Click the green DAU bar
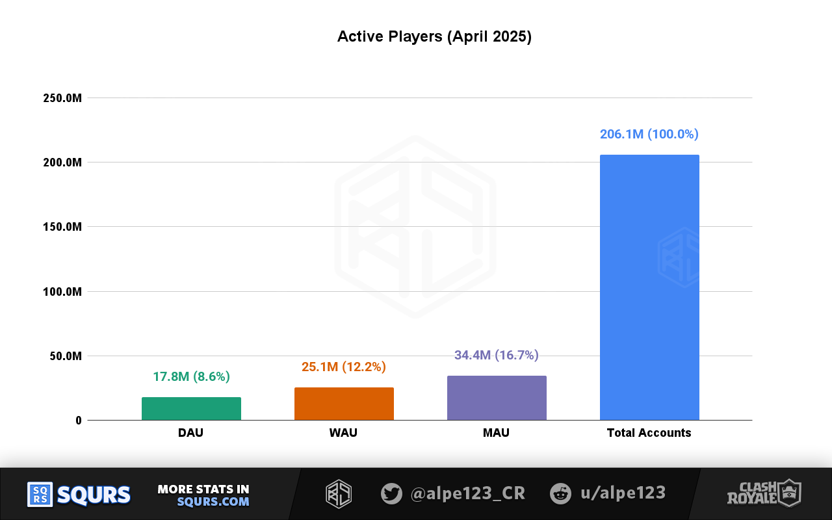point(191,409)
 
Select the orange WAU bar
point(344,404)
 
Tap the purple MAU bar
point(497,398)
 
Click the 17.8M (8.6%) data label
point(191,376)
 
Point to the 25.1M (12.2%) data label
point(344,367)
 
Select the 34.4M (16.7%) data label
point(497,355)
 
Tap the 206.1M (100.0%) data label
point(649,134)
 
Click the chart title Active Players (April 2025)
point(434,36)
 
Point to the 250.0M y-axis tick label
point(62,98)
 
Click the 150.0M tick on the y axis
point(62,227)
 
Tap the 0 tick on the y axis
point(78,421)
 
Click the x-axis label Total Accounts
point(649,433)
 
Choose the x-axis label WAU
point(343,433)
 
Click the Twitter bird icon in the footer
point(391,493)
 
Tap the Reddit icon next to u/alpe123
point(560,493)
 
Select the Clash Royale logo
point(764,493)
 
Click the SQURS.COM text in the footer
point(213,502)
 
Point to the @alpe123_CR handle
point(467,493)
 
